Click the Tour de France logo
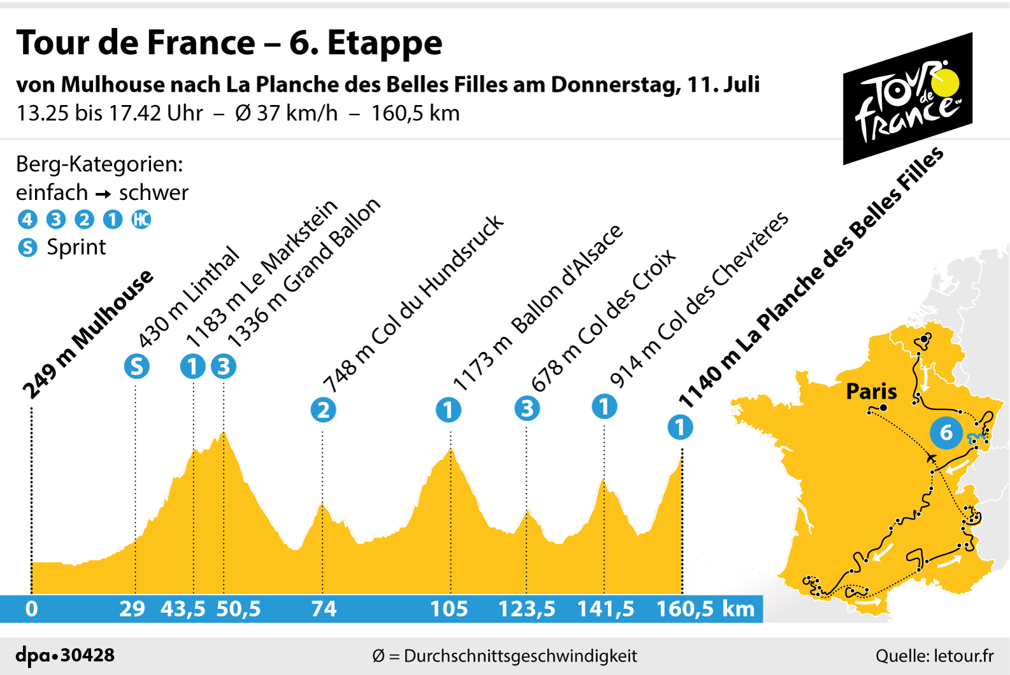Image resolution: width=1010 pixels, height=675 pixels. pos(907,99)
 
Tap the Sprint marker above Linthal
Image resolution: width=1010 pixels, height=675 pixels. pos(136,367)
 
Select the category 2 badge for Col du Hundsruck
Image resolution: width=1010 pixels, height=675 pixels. pos(323,410)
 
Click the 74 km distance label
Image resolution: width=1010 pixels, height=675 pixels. pos(324,609)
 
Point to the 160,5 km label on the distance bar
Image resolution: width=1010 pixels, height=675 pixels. pos(705,609)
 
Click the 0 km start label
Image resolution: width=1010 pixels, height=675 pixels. pos(31,609)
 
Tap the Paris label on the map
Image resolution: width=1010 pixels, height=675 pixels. pos(871,391)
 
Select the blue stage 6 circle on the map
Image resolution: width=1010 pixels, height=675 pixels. pos(946,432)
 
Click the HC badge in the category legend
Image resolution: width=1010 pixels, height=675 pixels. pos(141,220)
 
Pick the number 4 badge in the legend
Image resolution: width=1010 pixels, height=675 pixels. pos(27,220)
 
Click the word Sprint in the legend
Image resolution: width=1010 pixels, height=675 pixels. pos(76,247)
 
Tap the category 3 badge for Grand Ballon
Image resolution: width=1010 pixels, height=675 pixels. pos(224,367)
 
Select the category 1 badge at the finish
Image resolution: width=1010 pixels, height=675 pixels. pos(679,427)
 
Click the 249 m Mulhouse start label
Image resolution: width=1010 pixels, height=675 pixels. pos(88,334)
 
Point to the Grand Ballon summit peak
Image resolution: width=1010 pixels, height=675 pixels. pos(223,434)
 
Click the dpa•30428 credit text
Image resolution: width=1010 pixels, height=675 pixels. pos(65,655)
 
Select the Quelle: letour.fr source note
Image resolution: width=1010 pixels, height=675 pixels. pos(934,656)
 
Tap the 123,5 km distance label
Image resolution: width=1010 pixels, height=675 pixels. pos(527,609)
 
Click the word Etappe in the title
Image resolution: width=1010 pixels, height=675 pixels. pos(385,43)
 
